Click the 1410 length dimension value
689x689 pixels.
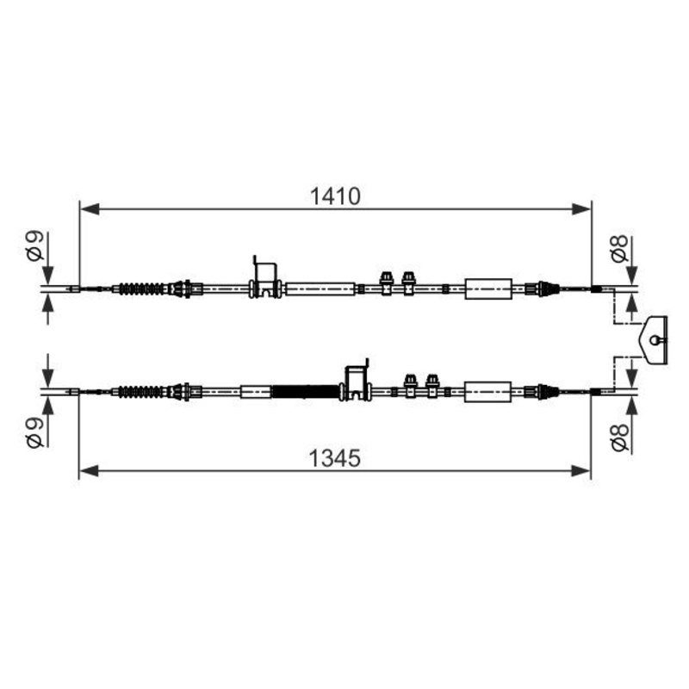(335, 196)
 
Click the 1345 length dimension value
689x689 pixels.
(335, 458)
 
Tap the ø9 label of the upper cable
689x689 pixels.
(35, 246)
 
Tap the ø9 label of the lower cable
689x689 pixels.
(35, 432)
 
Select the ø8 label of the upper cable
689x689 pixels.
(620, 248)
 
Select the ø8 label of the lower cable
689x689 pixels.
(620, 438)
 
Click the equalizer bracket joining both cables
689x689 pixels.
(655, 339)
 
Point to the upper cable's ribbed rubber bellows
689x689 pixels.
(141, 289)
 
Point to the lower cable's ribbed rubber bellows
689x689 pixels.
(141, 392)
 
